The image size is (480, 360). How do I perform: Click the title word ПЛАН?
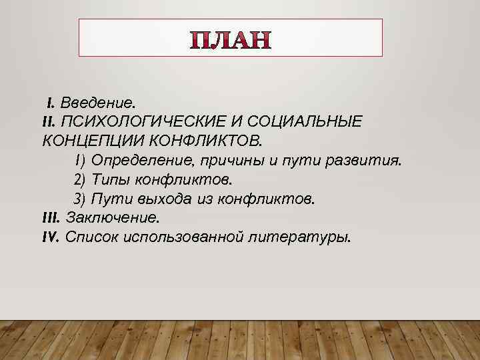tap(231, 41)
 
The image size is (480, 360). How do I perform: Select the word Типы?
tap(107, 180)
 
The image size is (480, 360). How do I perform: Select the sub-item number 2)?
tap(80, 180)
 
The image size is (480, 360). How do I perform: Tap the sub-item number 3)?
tap(80, 199)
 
